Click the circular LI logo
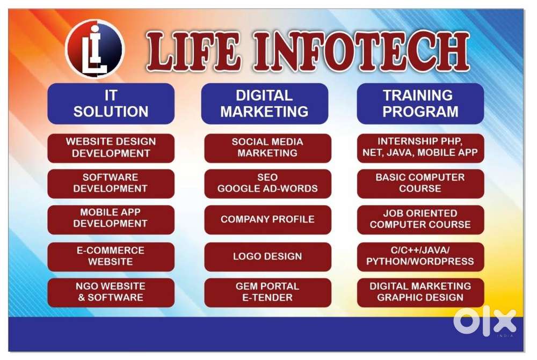95,49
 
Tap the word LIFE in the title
192,52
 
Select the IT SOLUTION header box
111,104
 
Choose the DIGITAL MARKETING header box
264,104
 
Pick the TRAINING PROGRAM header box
420,104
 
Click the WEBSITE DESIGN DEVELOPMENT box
111,148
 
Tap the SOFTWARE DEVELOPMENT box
111,183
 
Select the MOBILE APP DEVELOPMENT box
111,219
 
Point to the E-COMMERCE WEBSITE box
111,256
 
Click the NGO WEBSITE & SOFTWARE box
111,292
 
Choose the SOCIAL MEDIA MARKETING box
268,148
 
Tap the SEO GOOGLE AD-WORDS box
268,183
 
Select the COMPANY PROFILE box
268,219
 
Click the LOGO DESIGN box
268,256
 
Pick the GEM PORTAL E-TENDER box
268,292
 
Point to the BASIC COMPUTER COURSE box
420,183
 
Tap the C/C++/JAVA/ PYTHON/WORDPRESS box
420,256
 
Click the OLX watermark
484,322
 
